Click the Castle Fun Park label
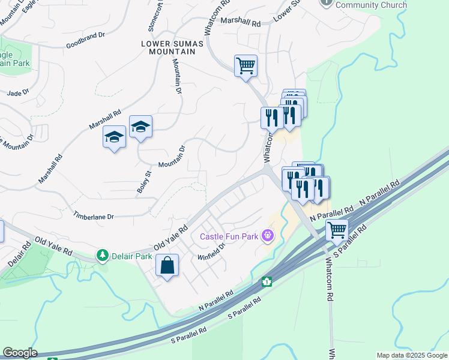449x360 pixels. [229, 236]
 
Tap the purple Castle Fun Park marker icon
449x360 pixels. [267, 236]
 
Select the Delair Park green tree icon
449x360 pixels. [103, 256]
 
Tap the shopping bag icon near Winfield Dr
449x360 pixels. [167, 265]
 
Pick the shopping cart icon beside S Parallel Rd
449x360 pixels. [337, 229]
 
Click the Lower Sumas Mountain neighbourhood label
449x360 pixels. [169, 47]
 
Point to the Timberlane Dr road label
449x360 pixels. [93, 215]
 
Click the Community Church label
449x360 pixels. [371, 5]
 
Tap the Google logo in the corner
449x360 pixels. [19, 353]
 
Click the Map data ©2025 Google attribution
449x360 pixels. [411, 355]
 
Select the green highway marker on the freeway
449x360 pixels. [267, 281]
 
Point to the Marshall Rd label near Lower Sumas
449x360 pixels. [240, 22]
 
